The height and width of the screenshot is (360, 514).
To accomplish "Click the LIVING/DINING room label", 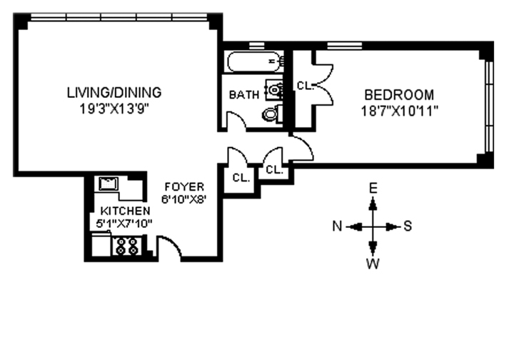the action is click(x=114, y=92).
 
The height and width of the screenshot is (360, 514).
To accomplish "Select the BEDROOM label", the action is click(x=399, y=94).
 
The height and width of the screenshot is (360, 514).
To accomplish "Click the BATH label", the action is click(x=243, y=95).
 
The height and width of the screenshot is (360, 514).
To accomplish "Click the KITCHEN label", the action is click(x=125, y=211).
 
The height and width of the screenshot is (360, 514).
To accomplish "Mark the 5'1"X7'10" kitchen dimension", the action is click(x=125, y=224).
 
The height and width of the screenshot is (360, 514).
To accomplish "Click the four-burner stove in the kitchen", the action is click(x=127, y=247).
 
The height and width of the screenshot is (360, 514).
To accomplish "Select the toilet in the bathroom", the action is click(x=270, y=114).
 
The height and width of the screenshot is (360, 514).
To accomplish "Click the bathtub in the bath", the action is click(x=253, y=62).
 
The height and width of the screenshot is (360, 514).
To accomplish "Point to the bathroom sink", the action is click(x=273, y=89).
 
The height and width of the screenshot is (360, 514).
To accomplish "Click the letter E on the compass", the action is click(x=373, y=189).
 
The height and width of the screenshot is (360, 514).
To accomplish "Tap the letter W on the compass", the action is click(x=373, y=264).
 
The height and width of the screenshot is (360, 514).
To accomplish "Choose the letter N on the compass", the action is click(x=338, y=227).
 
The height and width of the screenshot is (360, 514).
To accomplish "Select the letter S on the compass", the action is click(x=408, y=227).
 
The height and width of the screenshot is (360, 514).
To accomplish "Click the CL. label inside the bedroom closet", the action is click(x=306, y=85).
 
